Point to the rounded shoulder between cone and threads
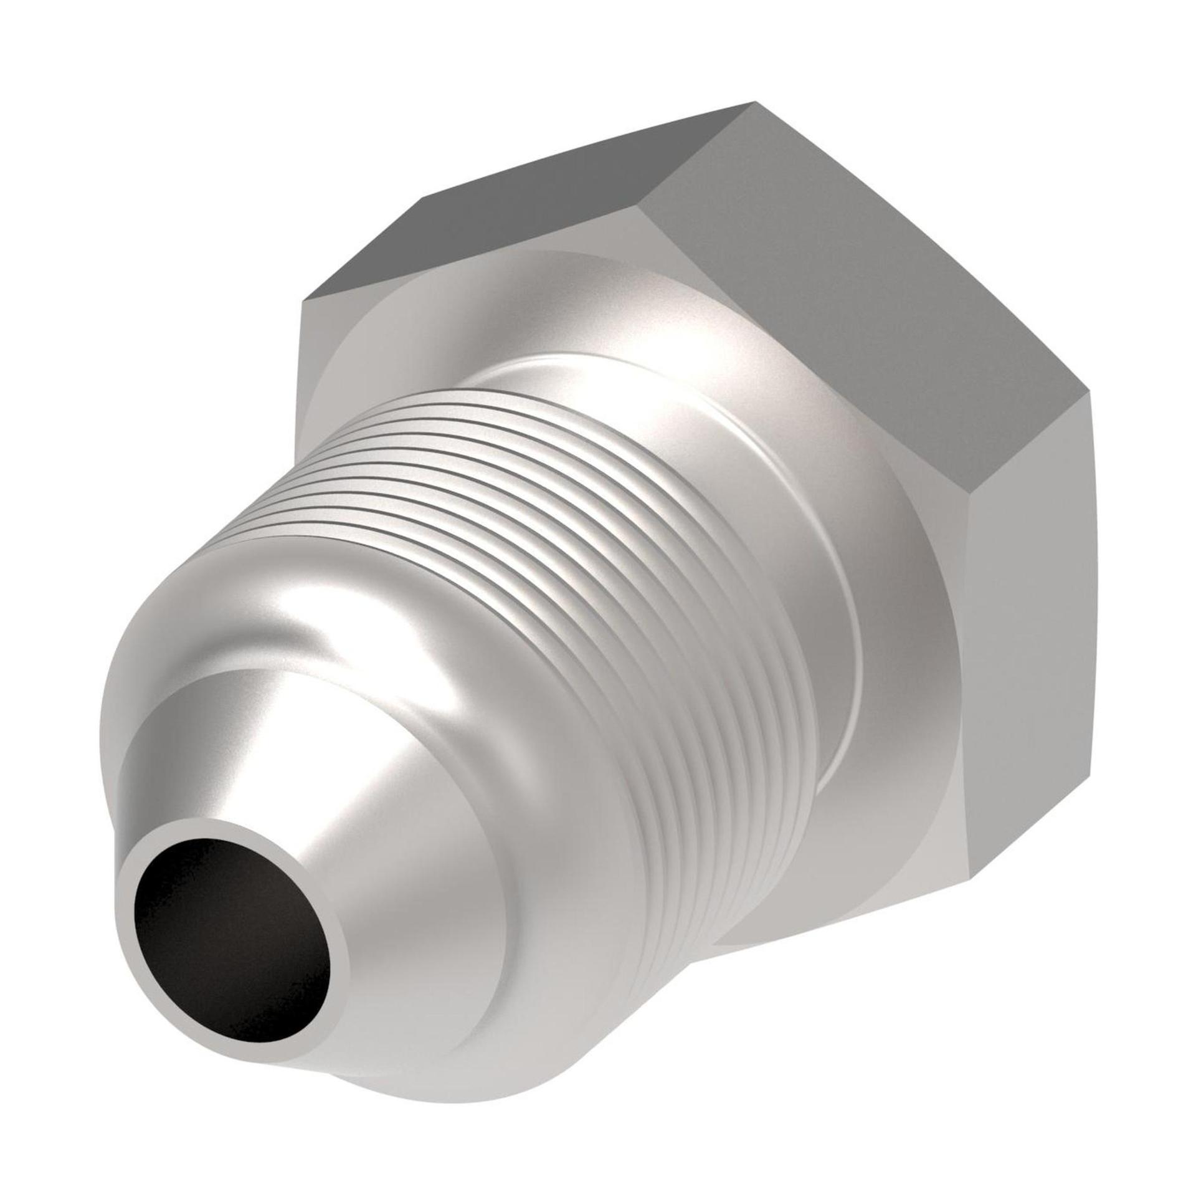pyautogui.click(x=311, y=611)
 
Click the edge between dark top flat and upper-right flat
pyautogui.click(x=698, y=150)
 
